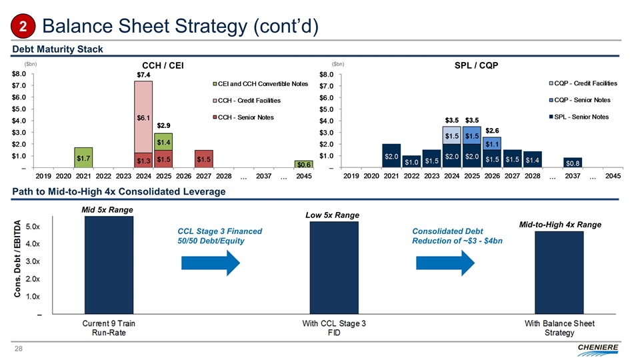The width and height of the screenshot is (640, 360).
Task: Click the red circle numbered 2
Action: click(22, 27)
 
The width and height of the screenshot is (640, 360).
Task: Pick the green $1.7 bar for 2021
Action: click(83, 157)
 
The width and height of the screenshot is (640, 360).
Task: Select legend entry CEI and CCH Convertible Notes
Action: click(260, 83)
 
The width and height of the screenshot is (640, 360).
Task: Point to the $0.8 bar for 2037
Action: click(572, 162)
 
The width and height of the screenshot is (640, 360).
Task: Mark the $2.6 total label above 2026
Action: click(493, 130)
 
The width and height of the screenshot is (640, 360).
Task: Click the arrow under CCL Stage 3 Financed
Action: click(209, 263)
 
